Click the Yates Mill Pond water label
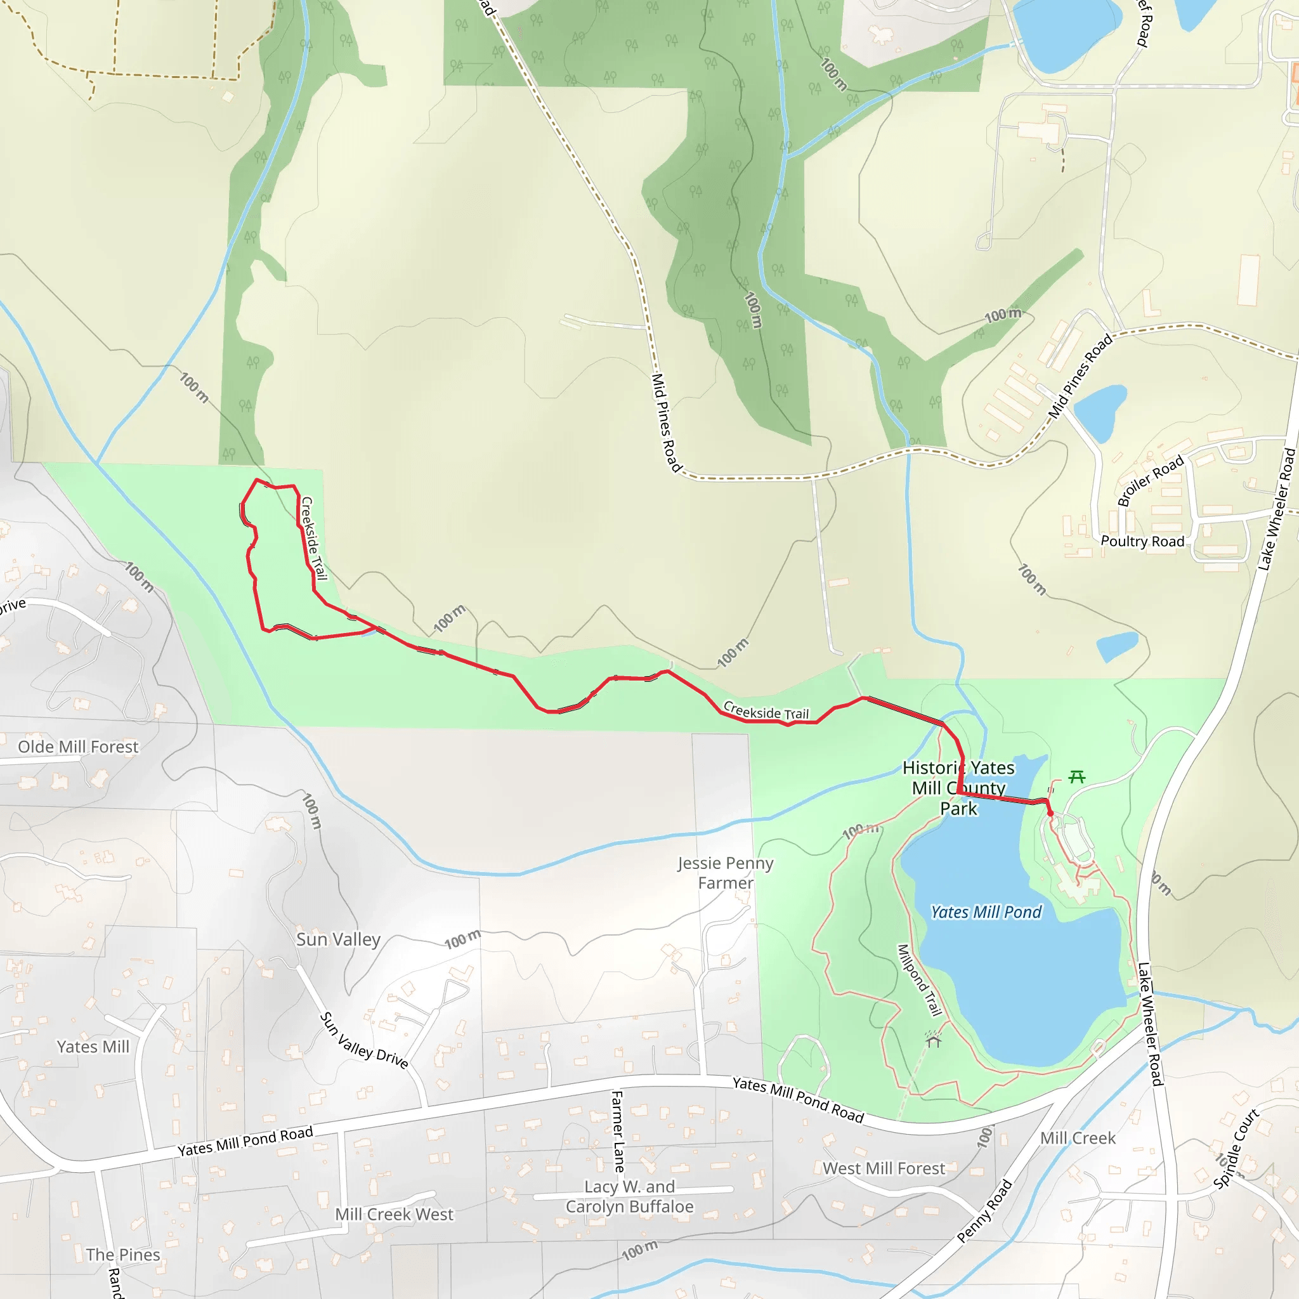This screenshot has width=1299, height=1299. [986, 912]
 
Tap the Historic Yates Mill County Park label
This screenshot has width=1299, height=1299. [959, 788]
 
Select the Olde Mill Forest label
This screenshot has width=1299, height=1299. [78, 747]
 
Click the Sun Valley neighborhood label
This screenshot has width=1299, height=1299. [338, 939]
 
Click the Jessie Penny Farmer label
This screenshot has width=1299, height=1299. [726, 873]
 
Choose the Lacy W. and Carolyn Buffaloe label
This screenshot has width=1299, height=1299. [629, 1197]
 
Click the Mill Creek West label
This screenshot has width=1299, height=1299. [394, 1214]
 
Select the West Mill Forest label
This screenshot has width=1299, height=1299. [884, 1168]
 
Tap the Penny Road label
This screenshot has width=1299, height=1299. [984, 1211]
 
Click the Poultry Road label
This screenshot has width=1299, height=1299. [1142, 541]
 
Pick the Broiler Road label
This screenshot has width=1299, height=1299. [1151, 481]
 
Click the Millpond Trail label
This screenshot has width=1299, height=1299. [919, 981]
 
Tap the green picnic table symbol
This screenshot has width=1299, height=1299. [1077, 777]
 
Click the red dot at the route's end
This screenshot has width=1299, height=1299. [1050, 814]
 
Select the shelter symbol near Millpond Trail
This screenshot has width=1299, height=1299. [933, 1041]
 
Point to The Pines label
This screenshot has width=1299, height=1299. [123, 1255]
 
